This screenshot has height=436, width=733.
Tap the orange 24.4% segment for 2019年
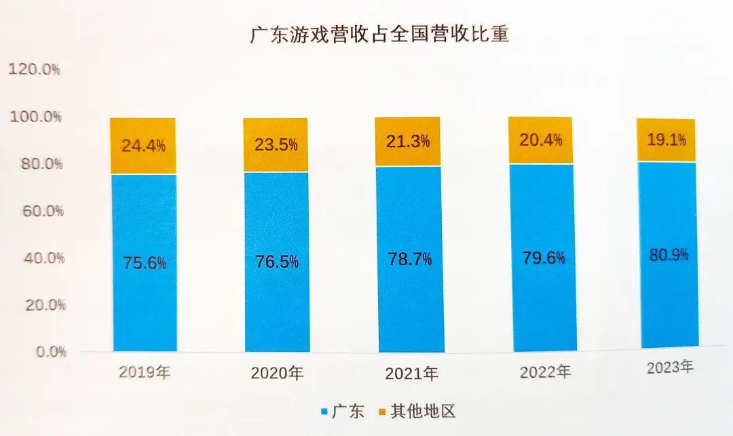click(144, 146)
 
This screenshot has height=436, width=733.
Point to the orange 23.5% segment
click(276, 145)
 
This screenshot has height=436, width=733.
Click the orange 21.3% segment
click(408, 142)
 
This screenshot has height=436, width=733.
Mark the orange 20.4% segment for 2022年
click(541, 140)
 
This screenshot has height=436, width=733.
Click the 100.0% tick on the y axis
click(36, 117)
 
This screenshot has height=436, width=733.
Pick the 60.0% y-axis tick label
click(38, 211)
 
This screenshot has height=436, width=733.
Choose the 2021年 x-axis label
click(411, 374)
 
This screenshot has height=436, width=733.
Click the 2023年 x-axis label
click(670, 368)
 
